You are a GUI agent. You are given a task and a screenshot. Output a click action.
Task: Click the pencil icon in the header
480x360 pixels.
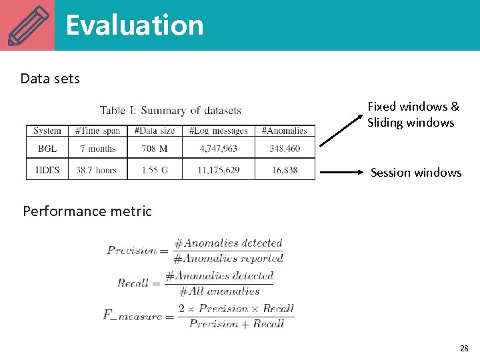[27, 25]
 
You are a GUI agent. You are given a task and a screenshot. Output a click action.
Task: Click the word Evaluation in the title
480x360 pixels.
[134, 25]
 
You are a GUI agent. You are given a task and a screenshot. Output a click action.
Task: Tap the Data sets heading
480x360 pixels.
[50, 79]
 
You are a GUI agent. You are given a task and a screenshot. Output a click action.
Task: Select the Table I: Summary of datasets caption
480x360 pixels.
[171, 110]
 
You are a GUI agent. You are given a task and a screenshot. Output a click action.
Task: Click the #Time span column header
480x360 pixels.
[97, 131]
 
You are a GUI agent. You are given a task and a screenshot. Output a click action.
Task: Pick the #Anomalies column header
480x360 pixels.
[285, 131]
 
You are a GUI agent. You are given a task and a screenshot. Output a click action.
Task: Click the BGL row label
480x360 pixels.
[47, 149]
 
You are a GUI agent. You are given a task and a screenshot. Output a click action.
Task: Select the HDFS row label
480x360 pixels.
[47, 170]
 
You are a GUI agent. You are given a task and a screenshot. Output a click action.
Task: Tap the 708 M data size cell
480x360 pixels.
[155, 149]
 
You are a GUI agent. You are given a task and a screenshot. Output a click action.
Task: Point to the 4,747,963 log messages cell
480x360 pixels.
[218, 149]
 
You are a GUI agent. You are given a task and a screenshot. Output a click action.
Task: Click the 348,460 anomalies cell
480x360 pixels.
[285, 149]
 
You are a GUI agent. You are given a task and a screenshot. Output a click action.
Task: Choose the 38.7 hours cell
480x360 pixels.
[97, 170]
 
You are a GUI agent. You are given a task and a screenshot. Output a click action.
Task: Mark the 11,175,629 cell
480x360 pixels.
[218, 170]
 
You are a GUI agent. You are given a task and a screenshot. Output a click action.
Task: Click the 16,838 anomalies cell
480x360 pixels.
[285, 170]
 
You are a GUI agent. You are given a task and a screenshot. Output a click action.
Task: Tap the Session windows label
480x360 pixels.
[415, 173]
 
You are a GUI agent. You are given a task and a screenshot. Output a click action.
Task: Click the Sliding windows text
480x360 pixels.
[411, 123]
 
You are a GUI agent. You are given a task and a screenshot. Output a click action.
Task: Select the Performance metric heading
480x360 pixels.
[87, 211]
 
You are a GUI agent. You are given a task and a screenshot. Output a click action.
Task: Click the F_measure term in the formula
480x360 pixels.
[133, 315]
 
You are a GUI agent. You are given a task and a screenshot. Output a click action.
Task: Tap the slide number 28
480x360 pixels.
[464, 348]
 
